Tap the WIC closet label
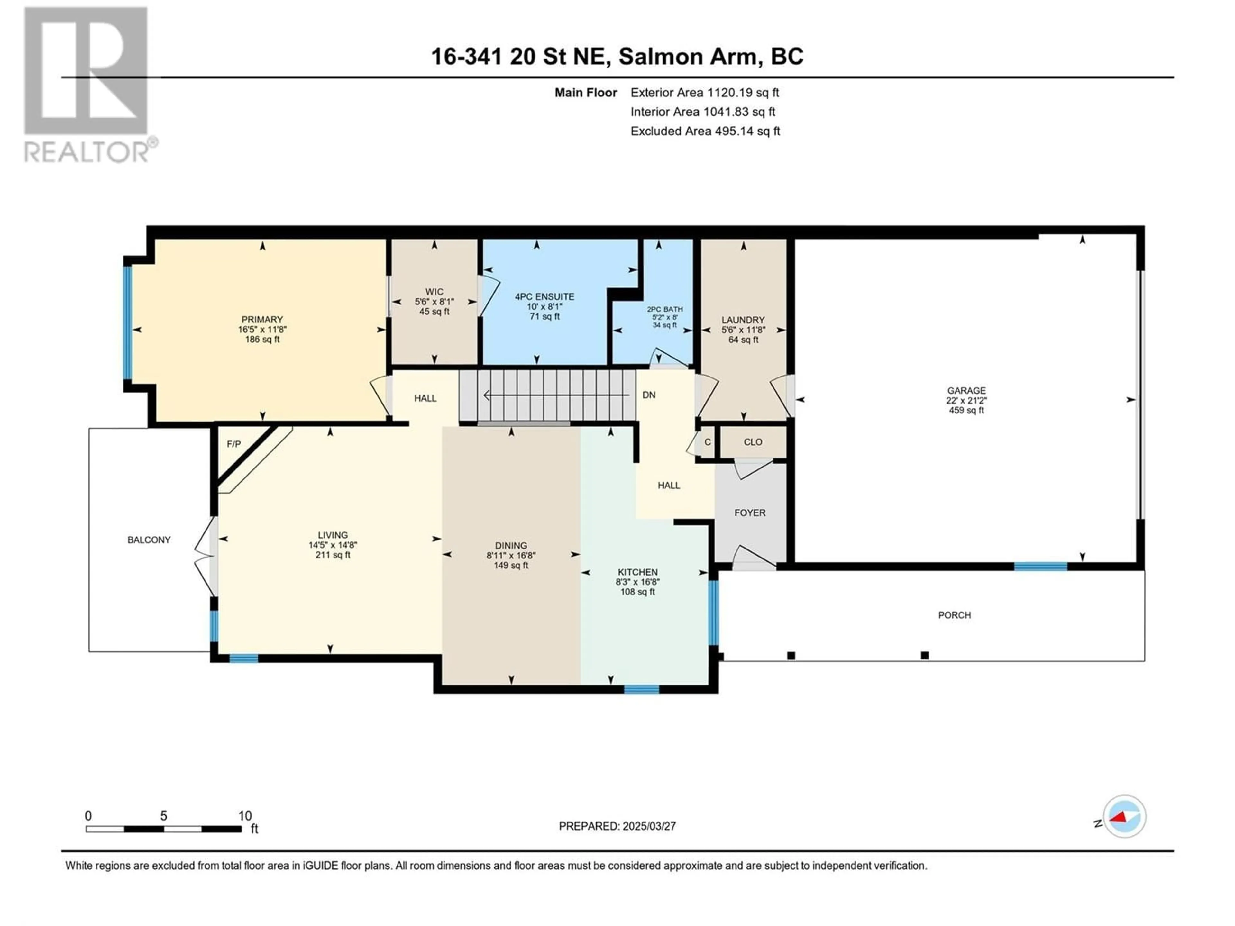click(435, 291)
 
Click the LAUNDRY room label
click(743, 320)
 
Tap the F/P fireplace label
click(234, 444)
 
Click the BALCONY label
click(149, 540)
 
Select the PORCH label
click(955, 615)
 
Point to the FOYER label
click(750, 513)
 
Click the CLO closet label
click(753, 442)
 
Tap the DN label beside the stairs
click(649, 395)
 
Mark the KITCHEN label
click(637, 572)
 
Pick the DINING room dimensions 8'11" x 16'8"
click(511, 555)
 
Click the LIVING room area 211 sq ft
click(333, 555)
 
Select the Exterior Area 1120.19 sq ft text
click(705, 93)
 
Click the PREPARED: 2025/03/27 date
click(617, 826)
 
